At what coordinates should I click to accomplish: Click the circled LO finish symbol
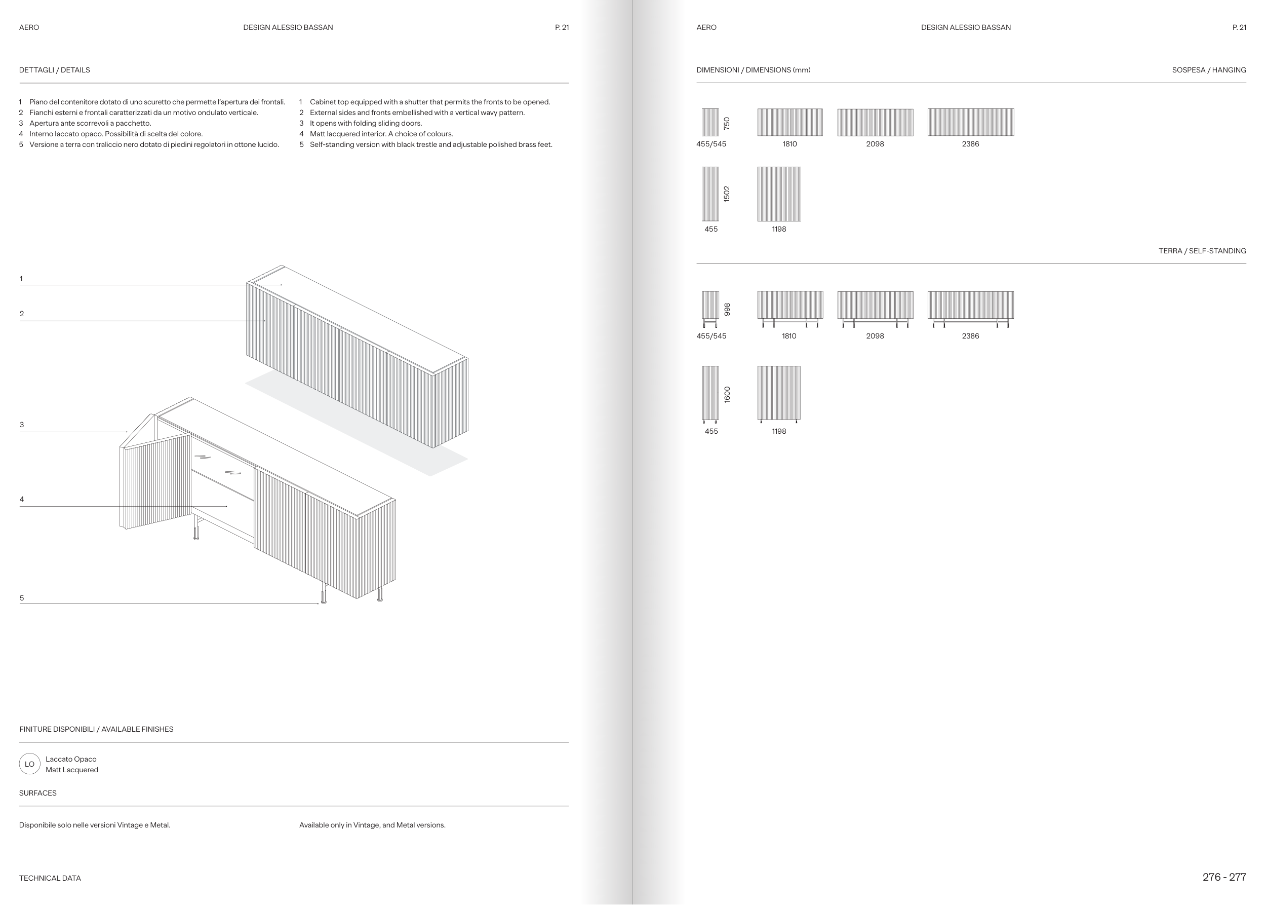pyautogui.click(x=29, y=764)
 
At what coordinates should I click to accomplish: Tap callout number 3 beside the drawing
pyautogui.click(x=22, y=425)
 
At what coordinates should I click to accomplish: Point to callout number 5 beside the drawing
pyautogui.click(x=22, y=598)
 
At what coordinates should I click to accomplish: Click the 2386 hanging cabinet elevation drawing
pyautogui.click(x=970, y=122)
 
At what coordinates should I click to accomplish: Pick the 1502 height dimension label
pyautogui.click(x=726, y=194)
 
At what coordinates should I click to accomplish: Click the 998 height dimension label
pyautogui.click(x=726, y=309)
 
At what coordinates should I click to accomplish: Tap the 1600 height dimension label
pyautogui.click(x=726, y=395)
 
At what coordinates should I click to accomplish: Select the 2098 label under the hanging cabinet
pyautogui.click(x=875, y=144)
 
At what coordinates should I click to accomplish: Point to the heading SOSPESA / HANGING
pyautogui.click(x=1209, y=69)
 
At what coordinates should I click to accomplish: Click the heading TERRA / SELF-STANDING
pyautogui.click(x=1202, y=251)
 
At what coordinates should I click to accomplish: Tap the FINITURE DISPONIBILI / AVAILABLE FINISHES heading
pyautogui.click(x=96, y=729)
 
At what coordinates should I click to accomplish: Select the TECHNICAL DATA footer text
pyautogui.click(x=50, y=878)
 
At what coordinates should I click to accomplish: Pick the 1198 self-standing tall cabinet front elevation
pyautogui.click(x=779, y=393)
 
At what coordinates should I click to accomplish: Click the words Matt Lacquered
pyautogui.click(x=72, y=770)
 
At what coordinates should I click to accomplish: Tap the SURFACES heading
pyautogui.click(x=38, y=793)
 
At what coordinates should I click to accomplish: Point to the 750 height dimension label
pyautogui.click(x=726, y=123)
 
